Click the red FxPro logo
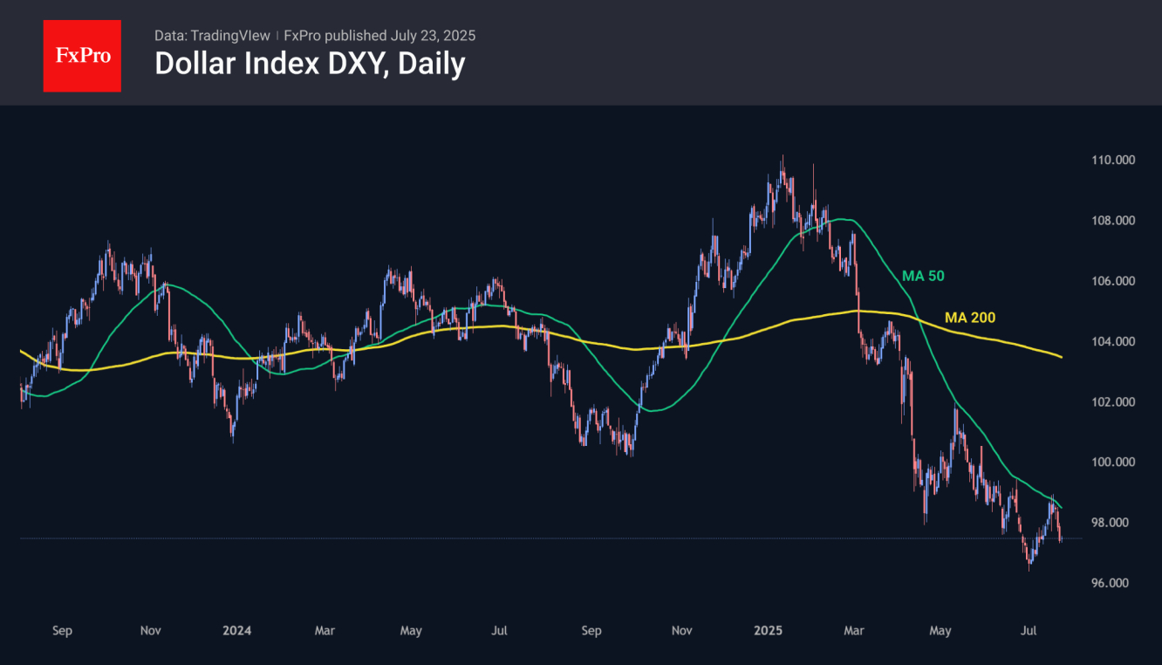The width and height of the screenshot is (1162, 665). tap(82, 56)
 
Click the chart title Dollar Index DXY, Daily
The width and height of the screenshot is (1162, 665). tap(310, 64)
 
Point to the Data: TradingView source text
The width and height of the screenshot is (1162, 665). tap(212, 36)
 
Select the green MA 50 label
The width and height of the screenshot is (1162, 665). tap(923, 276)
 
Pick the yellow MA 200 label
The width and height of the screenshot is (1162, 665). tap(969, 318)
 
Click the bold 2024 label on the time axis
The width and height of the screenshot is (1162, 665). tap(236, 630)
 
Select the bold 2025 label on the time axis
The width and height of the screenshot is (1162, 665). tap(769, 630)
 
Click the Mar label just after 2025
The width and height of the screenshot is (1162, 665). tap(854, 630)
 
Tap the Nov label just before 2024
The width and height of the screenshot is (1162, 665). tap(150, 630)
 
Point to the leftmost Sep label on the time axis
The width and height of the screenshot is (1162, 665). tap(62, 630)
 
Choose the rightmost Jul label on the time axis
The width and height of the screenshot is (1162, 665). tap(1030, 630)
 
